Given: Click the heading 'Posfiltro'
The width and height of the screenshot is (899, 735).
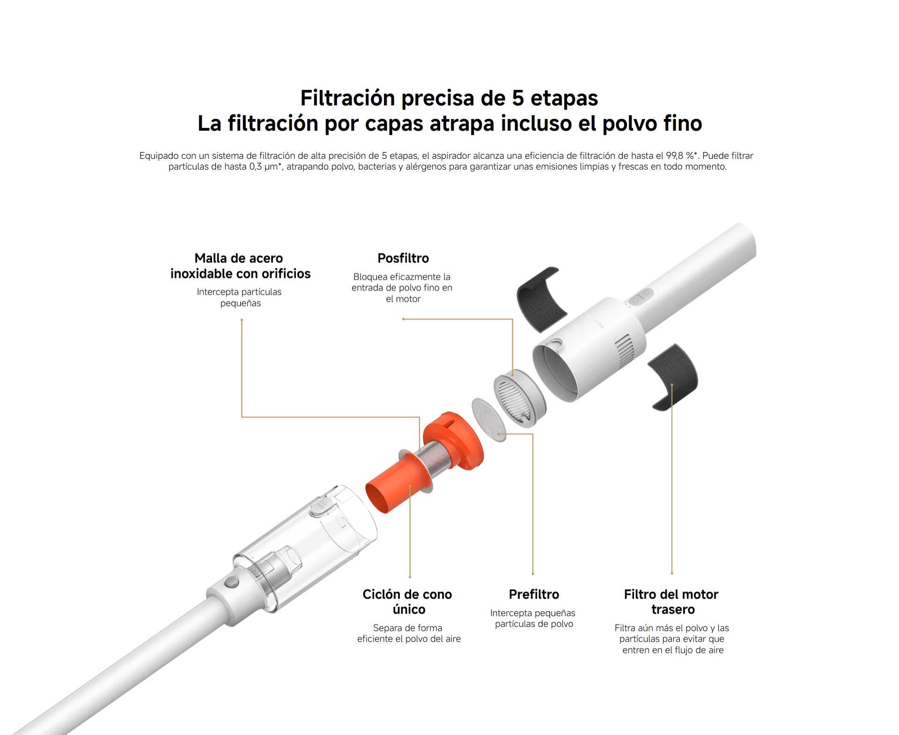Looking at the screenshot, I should [x=403, y=258].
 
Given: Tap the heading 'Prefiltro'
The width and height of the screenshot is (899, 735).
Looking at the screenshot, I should [x=534, y=594].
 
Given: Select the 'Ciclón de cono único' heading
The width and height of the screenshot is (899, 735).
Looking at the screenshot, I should [x=407, y=601].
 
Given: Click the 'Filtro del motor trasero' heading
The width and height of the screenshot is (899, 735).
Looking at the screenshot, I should [x=671, y=601].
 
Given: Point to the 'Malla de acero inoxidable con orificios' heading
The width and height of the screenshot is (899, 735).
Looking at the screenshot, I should [x=240, y=266].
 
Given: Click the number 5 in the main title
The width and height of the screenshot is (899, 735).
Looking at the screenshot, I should [x=517, y=98].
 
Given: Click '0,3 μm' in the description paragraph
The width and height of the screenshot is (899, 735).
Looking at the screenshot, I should [x=264, y=167].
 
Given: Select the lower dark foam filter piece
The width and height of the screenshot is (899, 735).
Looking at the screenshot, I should [x=673, y=376].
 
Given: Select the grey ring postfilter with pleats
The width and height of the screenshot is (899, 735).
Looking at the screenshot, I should [x=520, y=398].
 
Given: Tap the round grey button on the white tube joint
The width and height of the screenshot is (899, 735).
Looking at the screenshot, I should [x=230, y=582].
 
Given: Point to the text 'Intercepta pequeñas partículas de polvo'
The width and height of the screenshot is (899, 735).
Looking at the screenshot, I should [x=533, y=618].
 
